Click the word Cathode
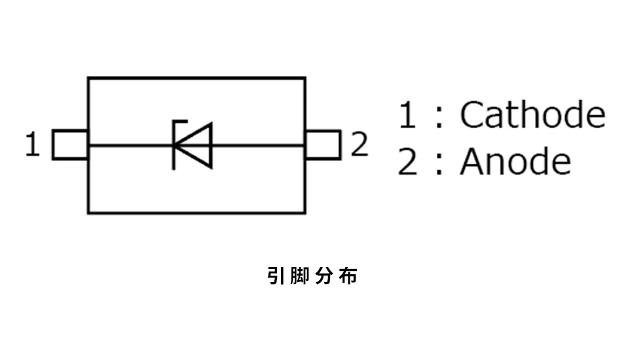(532, 115)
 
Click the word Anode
(515, 162)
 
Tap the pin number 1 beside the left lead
(33, 144)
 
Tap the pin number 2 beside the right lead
(359, 144)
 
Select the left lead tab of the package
(70, 145)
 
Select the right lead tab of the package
(323, 145)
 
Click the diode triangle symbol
(193, 145)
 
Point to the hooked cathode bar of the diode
(174, 145)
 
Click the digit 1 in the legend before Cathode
(407, 115)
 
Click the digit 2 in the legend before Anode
(407, 162)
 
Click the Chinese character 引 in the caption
(276, 276)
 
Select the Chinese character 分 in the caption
(324, 276)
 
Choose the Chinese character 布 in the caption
(348, 276)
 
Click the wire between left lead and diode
(131, 145)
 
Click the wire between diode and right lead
(258, 145)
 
